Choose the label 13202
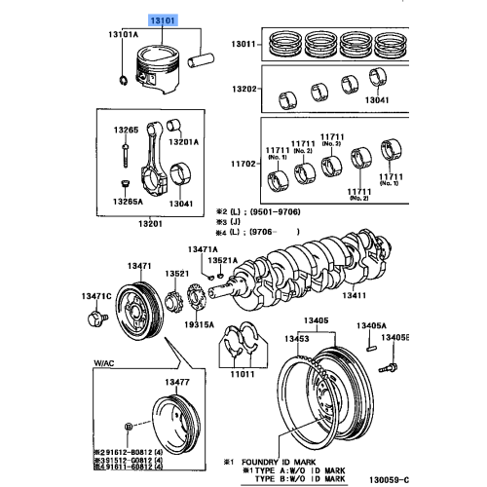click(243, 88)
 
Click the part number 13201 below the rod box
click(150, 223)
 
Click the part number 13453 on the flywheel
click(297, 338)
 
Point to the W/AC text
click(104, 362)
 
